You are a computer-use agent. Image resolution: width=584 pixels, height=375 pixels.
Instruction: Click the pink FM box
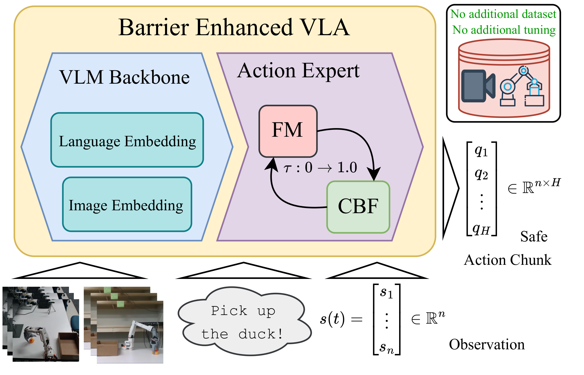(288, 131)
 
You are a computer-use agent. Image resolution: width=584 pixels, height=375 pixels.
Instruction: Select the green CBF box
(358, 207)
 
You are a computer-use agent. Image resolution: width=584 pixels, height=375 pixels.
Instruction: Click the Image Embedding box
(127, 205)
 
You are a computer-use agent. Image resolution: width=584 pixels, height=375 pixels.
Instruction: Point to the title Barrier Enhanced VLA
(234, 27)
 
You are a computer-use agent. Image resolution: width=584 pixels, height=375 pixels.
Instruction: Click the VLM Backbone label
(124, 77)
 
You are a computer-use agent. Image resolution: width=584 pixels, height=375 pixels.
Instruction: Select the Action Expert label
(298, 71)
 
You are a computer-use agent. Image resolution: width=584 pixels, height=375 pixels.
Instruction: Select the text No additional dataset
(503, 14)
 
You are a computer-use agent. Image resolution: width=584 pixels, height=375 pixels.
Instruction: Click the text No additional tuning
(504, 30)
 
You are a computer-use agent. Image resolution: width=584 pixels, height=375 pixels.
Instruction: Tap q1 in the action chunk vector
(481, 151)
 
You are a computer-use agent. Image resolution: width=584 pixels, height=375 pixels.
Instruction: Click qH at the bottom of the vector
(481, 229)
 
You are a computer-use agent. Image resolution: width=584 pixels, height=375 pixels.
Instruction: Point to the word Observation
(487, 344)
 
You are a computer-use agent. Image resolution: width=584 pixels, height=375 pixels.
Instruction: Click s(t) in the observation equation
(332, 319)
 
